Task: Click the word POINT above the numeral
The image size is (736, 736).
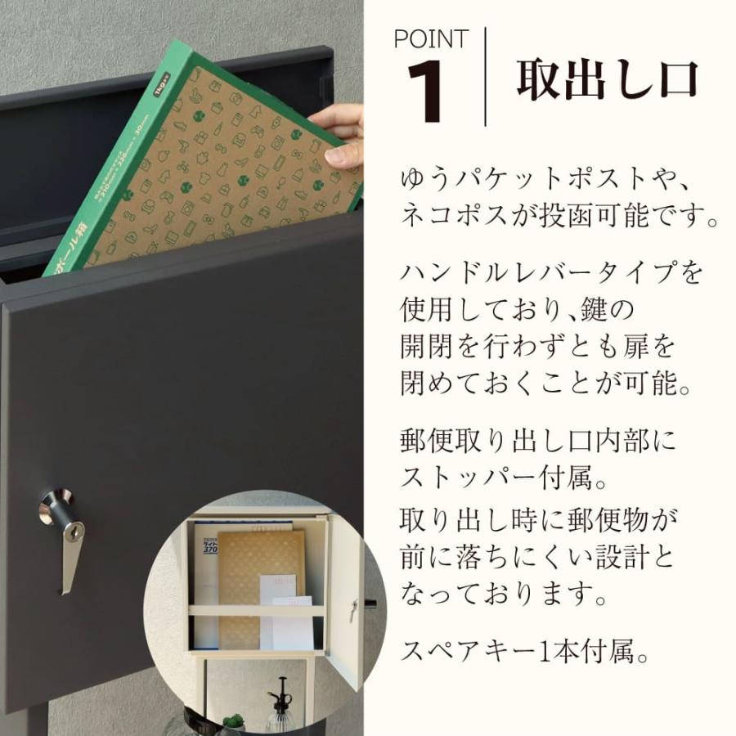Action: click(430, 38)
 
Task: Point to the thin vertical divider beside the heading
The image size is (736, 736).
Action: click(485, 77)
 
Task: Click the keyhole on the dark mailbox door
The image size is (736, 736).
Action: click(74, 532)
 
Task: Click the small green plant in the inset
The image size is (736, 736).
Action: click(234, 721)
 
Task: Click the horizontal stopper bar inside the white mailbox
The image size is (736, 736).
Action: click(257, 610)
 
